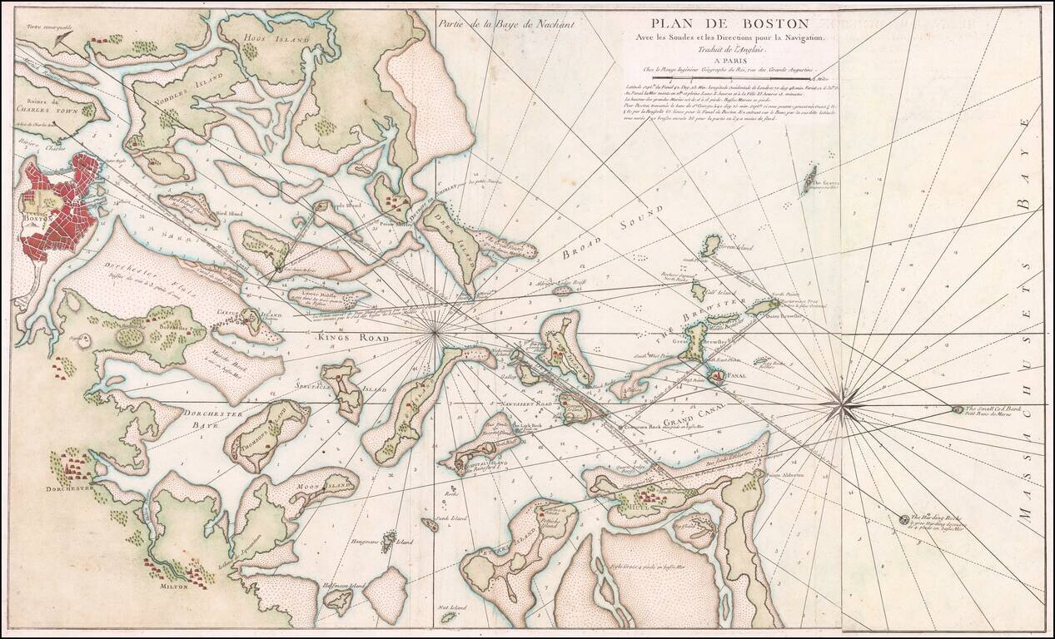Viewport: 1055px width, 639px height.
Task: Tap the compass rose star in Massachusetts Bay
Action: (x=844, y=406)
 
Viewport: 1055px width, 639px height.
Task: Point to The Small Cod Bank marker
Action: (x=958, y=409)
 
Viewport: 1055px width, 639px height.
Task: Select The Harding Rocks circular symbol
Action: (x=903, y=520)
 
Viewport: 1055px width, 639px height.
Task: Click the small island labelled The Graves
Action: (x=809, y=177)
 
